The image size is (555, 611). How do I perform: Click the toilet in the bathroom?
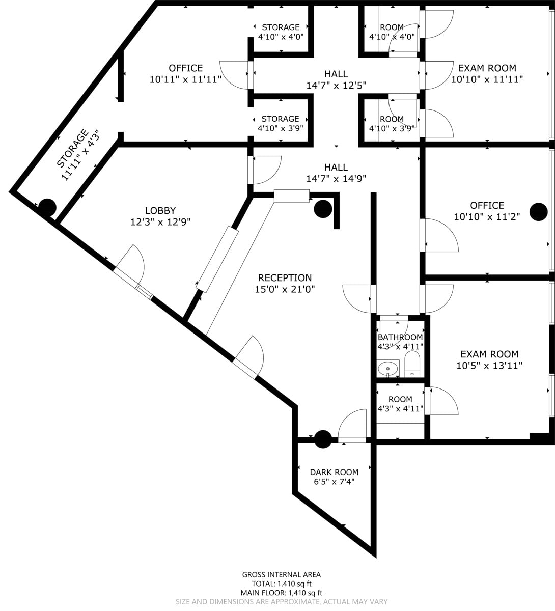[x=412, y=364]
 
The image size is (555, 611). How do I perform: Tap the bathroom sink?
[x=388, y=368]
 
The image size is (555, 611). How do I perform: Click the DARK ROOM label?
[x=334, y=472]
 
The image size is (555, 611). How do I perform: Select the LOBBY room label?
[x=160, y=210]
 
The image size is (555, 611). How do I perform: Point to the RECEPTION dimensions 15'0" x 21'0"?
[x=285, y=290]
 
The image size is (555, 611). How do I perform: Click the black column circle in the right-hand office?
[x=538, y=212]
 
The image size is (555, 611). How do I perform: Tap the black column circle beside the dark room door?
[x=323, y=439]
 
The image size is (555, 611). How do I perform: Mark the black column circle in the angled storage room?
[x=47, y=207]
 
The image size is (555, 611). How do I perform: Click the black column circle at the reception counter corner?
[x=323, y=208]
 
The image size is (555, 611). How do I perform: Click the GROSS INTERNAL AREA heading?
[x=281, y=575]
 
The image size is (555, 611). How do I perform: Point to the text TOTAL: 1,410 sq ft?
[x=281, y=584]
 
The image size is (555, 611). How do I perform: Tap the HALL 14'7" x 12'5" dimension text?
[x=336, y=86]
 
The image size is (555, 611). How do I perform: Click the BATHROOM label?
[x=400, y=337]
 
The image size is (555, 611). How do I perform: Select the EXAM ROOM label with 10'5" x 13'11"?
[x=489, y=354]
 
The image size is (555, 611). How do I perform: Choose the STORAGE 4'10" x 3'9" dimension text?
[x=281, y=128]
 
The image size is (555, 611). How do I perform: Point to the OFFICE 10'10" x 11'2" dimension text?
[x=487, y=217]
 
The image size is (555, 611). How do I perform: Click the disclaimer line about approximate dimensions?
[x=282, y=602]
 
